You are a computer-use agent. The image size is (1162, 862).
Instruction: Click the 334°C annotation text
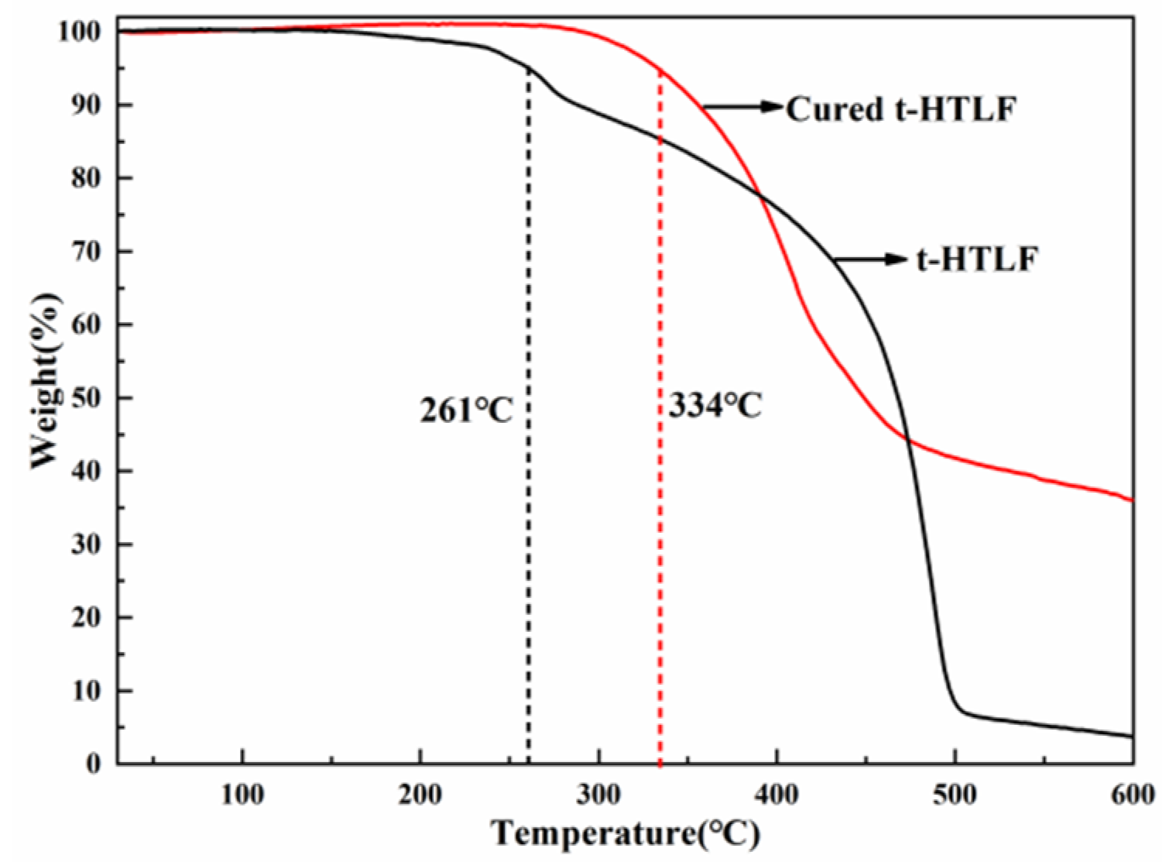coord(715,405)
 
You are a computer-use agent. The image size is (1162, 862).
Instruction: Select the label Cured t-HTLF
coord(900,109)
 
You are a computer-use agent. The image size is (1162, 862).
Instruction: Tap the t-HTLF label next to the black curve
coord(976,259)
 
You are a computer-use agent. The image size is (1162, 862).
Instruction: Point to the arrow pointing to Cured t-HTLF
coord(743,107)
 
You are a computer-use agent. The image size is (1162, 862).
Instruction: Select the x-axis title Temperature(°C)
coord(626,834)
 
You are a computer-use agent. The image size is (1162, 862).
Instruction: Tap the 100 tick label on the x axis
coord(242,796)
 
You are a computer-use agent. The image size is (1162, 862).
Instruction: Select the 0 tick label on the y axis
coord(94,764)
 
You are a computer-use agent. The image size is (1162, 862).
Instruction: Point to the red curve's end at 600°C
coord(1131,500)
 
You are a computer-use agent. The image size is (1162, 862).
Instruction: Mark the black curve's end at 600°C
coord(1131,736)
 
